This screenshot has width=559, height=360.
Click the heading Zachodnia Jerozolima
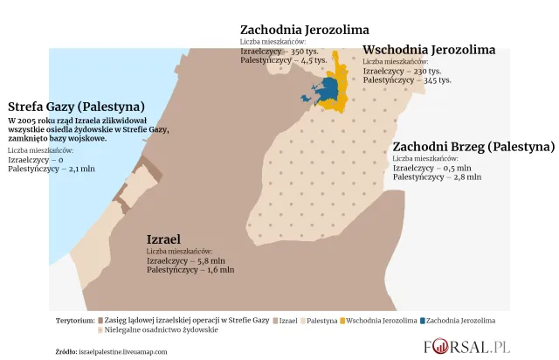[x=304, y=30]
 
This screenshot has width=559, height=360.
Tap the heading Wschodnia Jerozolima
[x=429, y=50]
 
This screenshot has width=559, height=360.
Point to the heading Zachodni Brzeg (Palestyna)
[x=473, y=146]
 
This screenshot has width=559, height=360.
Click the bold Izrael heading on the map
[x=163, y=239]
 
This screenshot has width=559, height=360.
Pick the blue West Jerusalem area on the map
[x=328, y=88]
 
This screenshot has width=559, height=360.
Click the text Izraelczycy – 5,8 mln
[x=186, y=260]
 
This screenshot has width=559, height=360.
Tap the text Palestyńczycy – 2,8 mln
[x=437, y=177]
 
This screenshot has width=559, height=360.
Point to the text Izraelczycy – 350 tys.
[x=279, y=52]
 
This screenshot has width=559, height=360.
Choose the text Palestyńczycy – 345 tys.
[x=407, y=80]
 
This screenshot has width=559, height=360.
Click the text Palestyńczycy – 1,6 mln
[x=190, y=270]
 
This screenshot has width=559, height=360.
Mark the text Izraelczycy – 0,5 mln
[x=431, y=168]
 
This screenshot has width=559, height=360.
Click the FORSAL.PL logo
[x=466, y=346]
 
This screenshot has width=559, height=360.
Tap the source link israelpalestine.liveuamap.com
[x=122, y=351]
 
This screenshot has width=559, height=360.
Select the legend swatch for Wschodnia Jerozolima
[x=342, y=321]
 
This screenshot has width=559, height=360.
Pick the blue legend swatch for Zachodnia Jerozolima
[x=422, y=321]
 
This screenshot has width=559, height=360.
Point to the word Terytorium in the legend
[x=75, y=321]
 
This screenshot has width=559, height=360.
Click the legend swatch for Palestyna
[x=302, y=321]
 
